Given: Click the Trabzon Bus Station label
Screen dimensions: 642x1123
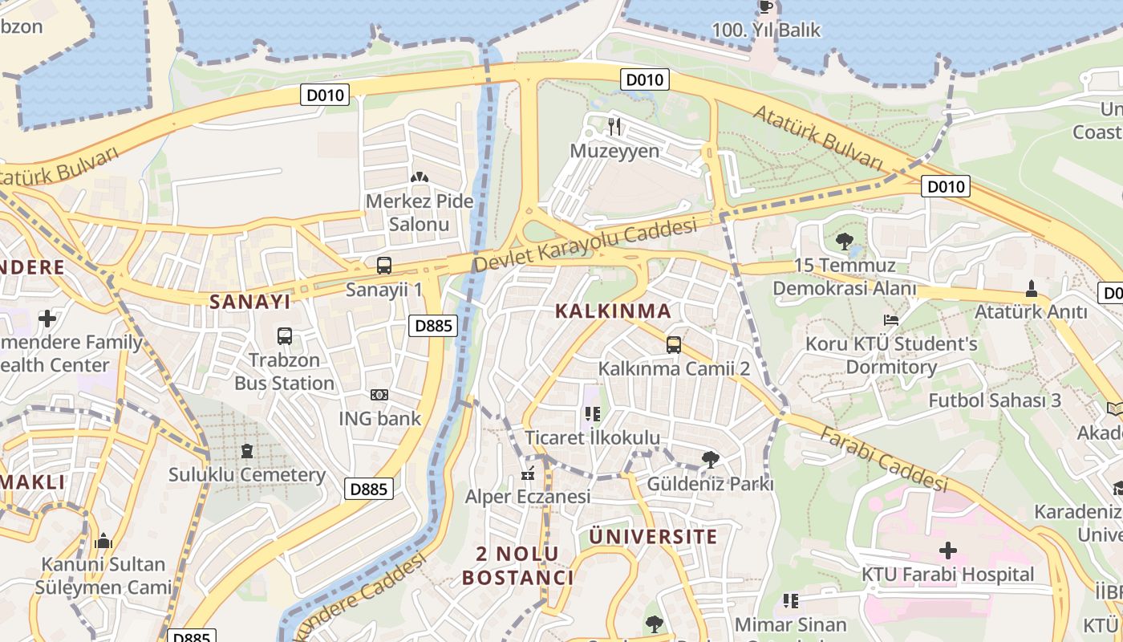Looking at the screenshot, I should (285, 372).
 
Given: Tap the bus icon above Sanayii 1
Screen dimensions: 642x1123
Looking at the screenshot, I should (384, 266).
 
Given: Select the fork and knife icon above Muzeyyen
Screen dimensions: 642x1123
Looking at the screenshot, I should (614, 126).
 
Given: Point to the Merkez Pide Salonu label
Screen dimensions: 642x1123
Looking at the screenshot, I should (419, 213).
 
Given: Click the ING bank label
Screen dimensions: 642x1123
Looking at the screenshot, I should (379, 418).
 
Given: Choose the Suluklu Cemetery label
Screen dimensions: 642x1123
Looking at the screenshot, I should (247, 474).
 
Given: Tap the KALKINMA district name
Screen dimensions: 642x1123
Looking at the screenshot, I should (613, 311).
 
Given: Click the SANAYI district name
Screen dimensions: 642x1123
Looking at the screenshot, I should (249, 302).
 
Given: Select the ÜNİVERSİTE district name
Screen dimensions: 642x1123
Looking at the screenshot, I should (654, 537).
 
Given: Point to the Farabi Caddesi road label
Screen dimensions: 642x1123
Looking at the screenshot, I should (884, 458).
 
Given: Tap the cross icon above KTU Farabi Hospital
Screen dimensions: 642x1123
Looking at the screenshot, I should (948, 551).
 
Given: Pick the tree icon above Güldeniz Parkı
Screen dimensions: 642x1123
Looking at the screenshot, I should (710, 460).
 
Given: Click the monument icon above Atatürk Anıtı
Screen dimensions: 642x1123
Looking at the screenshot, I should (1032, 288).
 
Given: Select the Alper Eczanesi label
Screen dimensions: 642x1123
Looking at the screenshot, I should (528, 496).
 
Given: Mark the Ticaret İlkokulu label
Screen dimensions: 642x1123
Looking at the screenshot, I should (592, 437).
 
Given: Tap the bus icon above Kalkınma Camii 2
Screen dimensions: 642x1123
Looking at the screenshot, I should (674, 345).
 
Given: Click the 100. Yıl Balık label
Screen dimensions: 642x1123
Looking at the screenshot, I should (766, 30).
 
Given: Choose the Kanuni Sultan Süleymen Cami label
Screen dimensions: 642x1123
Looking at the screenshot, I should (103, 575).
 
